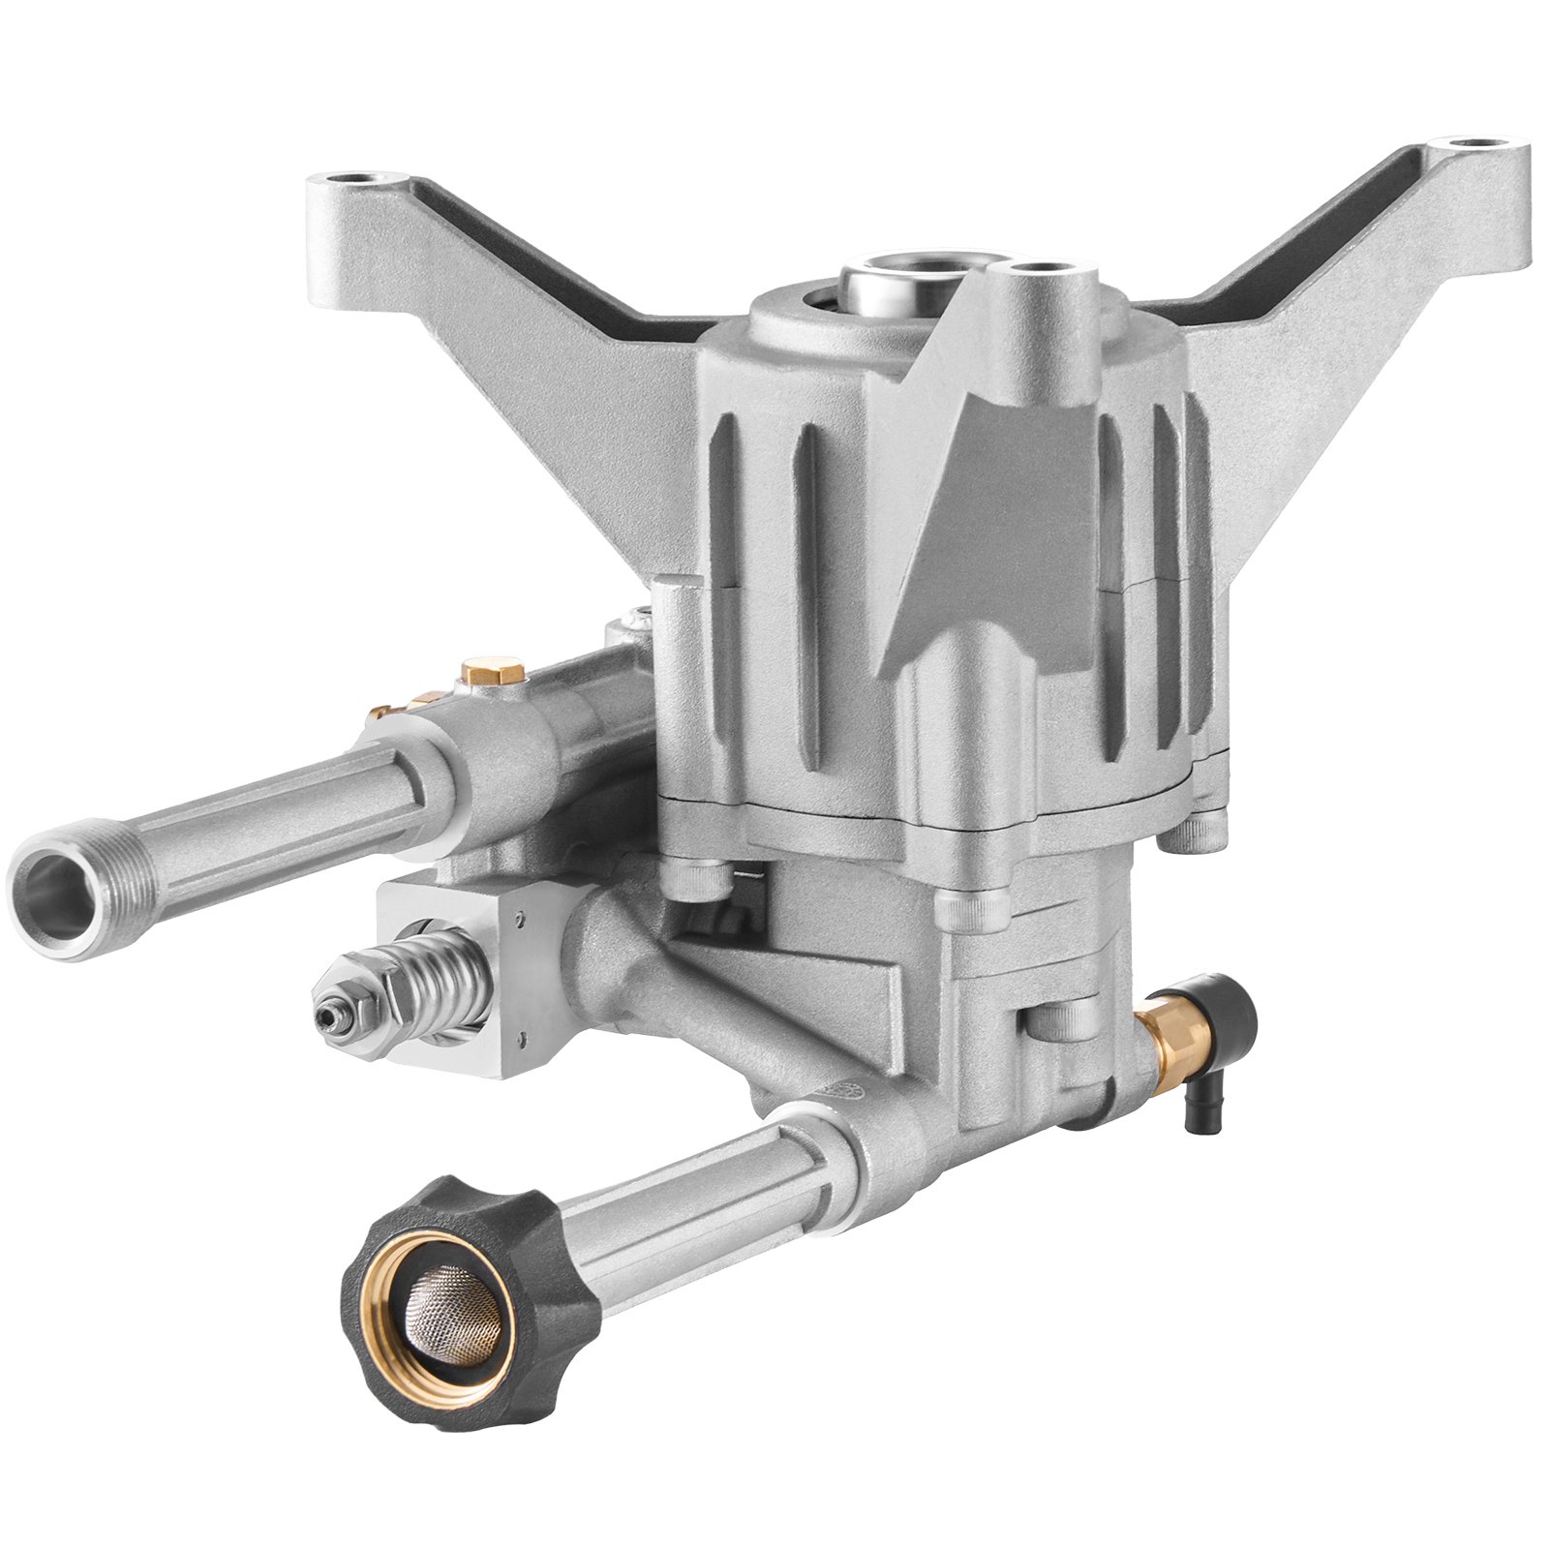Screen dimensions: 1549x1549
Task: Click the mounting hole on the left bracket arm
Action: [366, 182]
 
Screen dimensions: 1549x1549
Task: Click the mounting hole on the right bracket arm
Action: [1478, 145]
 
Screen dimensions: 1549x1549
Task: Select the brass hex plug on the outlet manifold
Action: [491, 670]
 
